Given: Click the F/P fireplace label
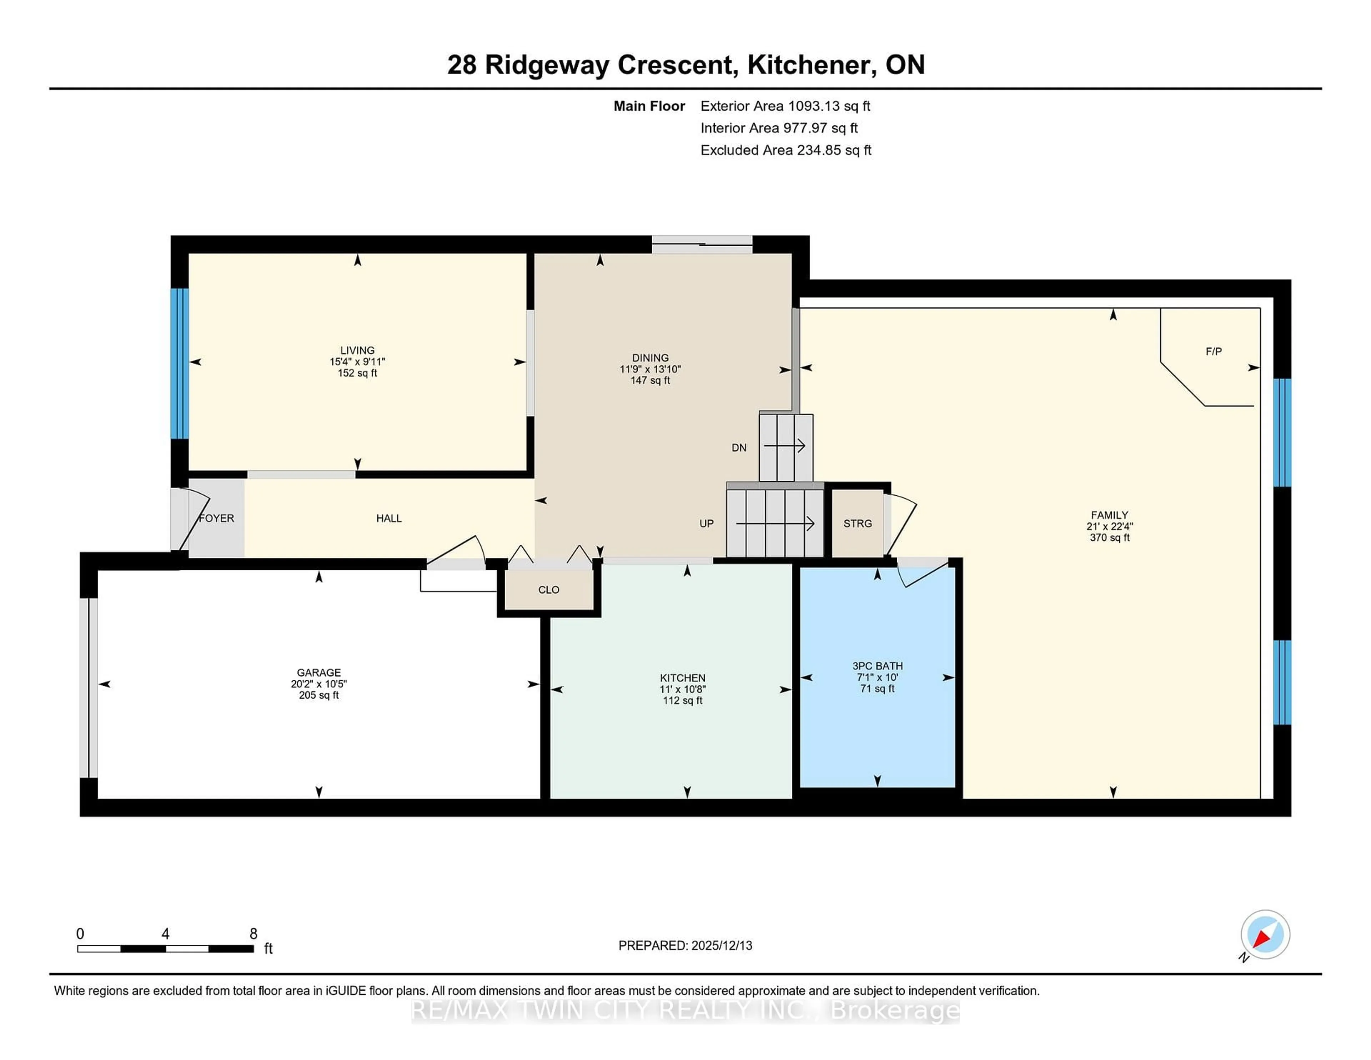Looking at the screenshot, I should pos(1214,352).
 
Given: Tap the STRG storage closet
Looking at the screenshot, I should pos(858,523).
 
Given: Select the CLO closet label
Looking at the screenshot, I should pos(549,590).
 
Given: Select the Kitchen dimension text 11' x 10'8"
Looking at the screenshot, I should pos(682,689).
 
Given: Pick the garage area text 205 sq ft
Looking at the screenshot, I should pos(319,695).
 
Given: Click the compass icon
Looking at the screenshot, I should pos(1265,934).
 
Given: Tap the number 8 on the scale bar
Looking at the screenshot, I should pos(253,934).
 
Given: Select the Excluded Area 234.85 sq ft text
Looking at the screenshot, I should pos(785,150).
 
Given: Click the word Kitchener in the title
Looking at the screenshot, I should pos(812,65).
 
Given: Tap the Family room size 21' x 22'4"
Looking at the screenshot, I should pos(1109,526).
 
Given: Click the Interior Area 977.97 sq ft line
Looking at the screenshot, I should pos(778,128).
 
